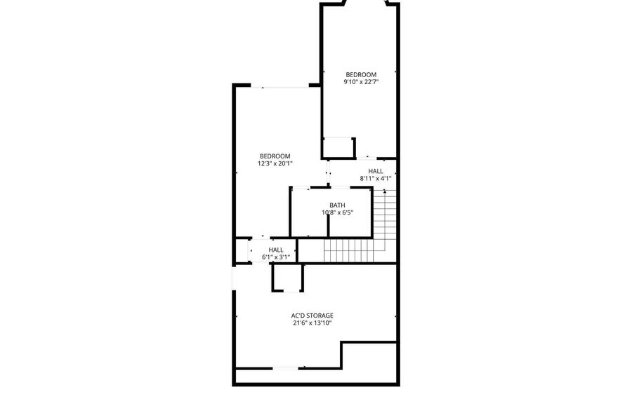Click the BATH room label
tap(337, 205)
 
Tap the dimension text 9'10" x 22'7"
tap(361, 82)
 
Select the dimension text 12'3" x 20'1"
tap(275, 164)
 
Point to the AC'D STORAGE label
tap(312, 316)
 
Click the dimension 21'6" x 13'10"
tap(312, 323)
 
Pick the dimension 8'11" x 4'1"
tap(375, 179)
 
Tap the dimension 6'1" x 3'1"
tap(276, 257)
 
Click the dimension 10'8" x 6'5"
tap(337, 213)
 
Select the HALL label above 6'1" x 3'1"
tap(276, 250)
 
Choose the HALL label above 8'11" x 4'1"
tap(375, 171)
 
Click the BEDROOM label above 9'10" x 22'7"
tap(361, 74)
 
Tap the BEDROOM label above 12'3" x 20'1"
tap(275, 156)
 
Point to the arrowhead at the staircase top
tap(385, 191)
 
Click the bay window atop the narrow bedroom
tap(365, 2)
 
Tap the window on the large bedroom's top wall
tap(279, 86)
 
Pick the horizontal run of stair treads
tap(348, 250)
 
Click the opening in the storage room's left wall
tap(234, 278)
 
